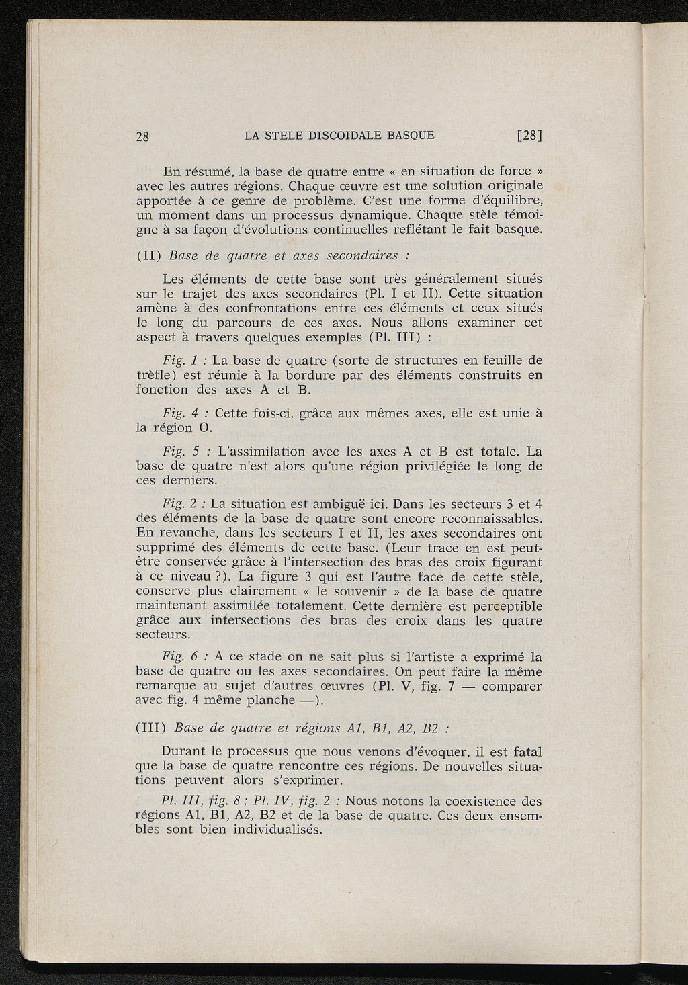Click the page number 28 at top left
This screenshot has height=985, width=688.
(142, 136)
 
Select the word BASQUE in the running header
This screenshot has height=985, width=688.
(409, 135)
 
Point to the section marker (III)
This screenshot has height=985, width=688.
(150, 729)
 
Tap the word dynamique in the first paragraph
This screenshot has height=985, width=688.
(374, 215)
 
